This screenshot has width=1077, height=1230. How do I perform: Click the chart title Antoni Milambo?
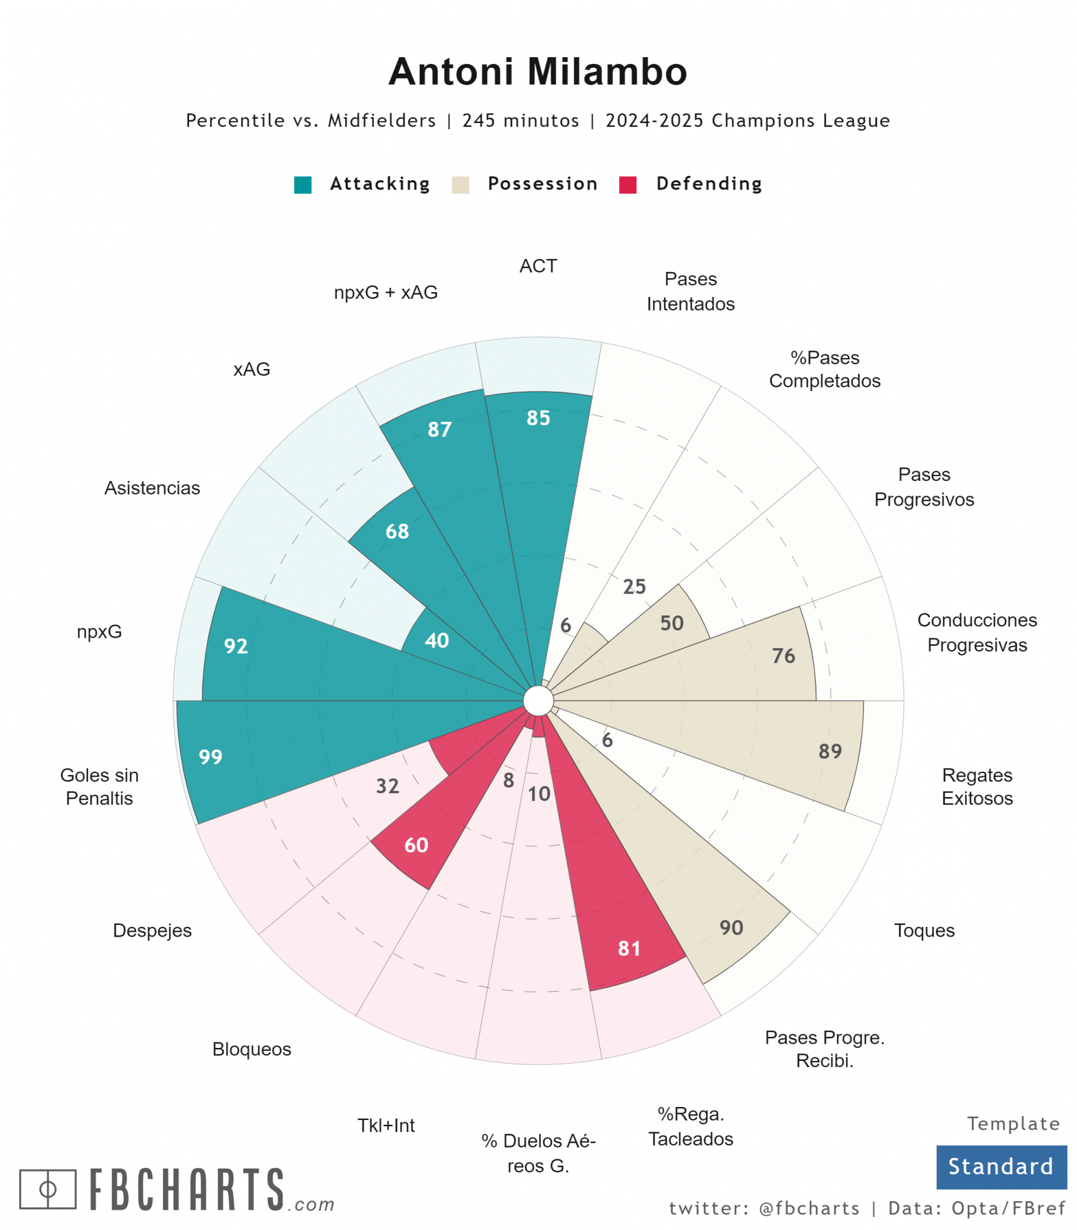point(537,71)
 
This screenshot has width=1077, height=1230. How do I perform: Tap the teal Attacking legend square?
point(303,184)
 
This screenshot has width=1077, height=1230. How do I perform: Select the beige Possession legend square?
point(460,184)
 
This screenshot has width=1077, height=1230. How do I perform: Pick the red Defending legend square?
point(628,184)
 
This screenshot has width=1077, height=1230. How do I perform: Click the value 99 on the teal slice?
point(210,757)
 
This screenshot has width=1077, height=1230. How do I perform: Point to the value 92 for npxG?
point(236,646)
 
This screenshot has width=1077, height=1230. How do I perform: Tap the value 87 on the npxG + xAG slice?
point(439,429)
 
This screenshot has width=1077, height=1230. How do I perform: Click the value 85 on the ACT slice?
point(538,418)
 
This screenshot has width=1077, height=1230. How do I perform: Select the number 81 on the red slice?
point(629,948)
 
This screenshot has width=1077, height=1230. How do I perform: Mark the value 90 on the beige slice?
point(731,927)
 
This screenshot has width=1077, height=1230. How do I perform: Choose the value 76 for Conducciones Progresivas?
point(783,656)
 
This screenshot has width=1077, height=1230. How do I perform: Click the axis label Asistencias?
point(152,488)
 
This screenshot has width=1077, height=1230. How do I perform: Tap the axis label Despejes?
point(152,930)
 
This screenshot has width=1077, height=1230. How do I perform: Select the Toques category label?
point(924,930)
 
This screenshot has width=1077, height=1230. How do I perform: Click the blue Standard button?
point(1001,1167)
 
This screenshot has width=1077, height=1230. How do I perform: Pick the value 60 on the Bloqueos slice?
point(416,845)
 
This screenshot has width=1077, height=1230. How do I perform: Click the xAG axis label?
point(252,369)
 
